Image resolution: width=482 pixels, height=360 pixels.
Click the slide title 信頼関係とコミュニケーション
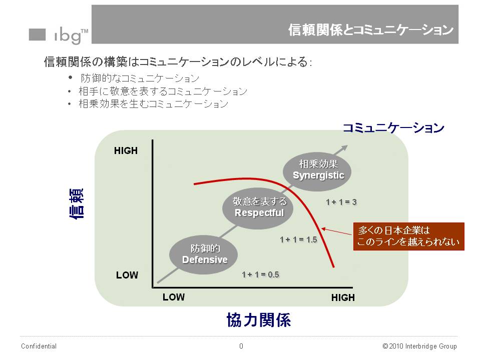click(x=370, y=30)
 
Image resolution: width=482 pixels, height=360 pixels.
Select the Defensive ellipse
click(x=204, y=254)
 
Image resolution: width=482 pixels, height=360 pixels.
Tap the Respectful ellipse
click(x=259, y=207)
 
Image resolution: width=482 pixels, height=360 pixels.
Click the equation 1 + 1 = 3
click(x=341, y=202)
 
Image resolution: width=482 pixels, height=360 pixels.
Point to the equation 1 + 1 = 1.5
click(x=298, y=239)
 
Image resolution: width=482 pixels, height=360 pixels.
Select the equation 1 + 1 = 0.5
click(x=260, y=274)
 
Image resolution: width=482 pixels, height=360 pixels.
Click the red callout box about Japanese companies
click(x=408, y=236)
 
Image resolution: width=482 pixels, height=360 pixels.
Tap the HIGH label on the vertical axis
click(x=126, y=150)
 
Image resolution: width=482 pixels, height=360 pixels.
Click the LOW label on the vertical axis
click(x=127, y=275)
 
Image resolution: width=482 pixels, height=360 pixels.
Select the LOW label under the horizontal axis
click(x=174, y=297)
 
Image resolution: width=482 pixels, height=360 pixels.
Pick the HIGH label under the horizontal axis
click(x=343, y=297)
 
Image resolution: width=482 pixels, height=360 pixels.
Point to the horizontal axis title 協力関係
click(x=259, y=320)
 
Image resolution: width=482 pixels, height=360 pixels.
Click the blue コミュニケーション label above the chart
click(x=393, y=128)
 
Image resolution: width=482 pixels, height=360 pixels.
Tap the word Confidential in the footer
click(x=39, y=346)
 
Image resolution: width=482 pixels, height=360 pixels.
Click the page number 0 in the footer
click(x=241, y=346)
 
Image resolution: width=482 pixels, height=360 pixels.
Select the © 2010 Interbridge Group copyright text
click(x=419, y=346)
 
